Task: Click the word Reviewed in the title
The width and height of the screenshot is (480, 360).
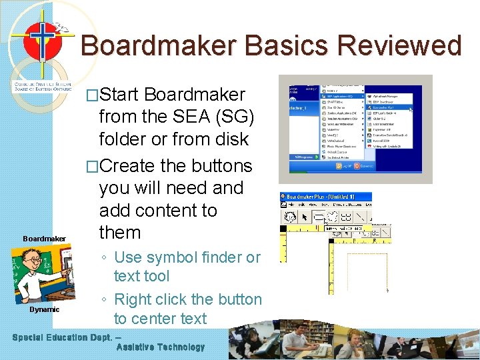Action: pyautogui.click(x=399, y=46)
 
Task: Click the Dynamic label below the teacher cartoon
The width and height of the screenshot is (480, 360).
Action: pyautogui.click(x=44, y=309)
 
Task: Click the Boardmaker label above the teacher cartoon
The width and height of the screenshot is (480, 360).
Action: pyautogui.click(x=45, y=239)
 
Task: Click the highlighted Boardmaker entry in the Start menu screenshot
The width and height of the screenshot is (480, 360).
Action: pyautogui.click(x=389, y=106)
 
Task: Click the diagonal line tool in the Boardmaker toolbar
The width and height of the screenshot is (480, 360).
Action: pyautogui.click(x=361, y=217)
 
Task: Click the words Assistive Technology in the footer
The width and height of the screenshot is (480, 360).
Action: pyautogui.click(x=161, y=347)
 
